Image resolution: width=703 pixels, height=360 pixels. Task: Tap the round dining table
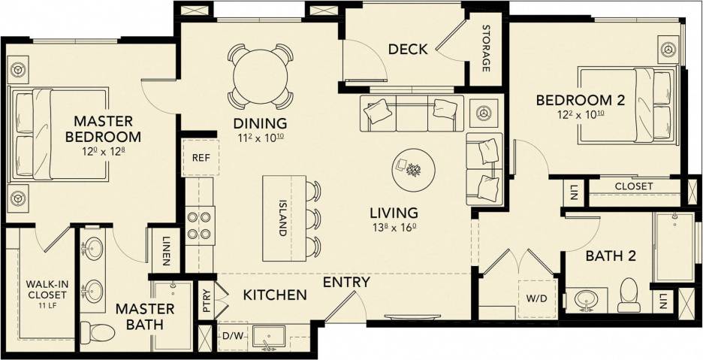click(x=260, y=76)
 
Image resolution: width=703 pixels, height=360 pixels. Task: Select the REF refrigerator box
click(x=200, y=159)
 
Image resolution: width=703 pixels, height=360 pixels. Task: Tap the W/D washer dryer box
click(x=537, y=297)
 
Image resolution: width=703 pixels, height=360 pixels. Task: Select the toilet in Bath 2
click(x=628, y=295)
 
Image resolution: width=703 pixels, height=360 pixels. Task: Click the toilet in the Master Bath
click(x=95, y=331)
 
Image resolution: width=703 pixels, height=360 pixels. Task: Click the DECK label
click(x=408, y=50)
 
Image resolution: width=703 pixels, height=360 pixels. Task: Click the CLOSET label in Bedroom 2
click(x=633, y=186)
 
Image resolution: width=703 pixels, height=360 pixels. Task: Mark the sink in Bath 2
click(x=587, y=300)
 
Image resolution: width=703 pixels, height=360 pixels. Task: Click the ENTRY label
click(x=346, y=282)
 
